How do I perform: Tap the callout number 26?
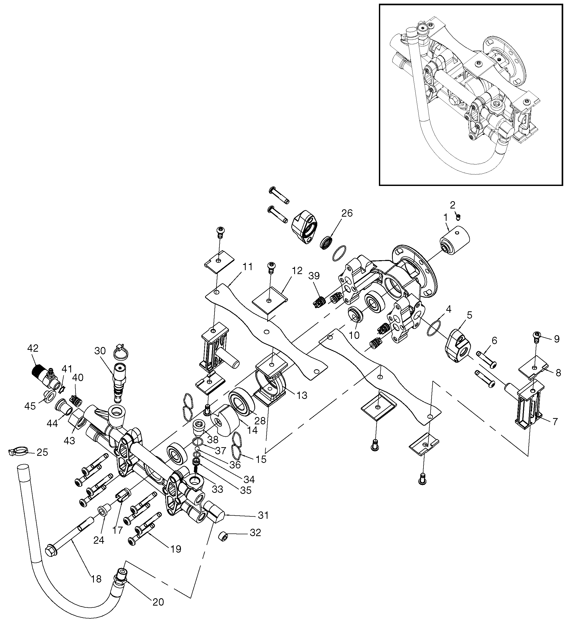[347, 213]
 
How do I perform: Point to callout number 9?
[557, 339]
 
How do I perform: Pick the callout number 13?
[302, 395]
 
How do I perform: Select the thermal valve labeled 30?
[119, 381]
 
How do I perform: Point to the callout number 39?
[314, 276]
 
